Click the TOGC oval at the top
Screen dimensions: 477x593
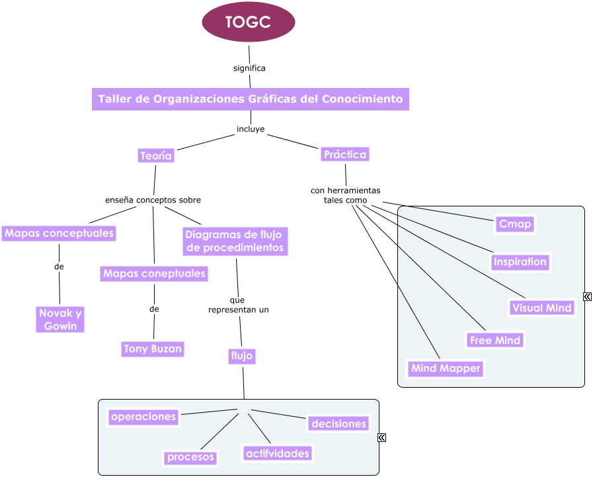point(248,22)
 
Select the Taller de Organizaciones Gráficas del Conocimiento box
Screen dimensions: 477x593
point(250,99)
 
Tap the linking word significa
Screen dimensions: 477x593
point(249,68)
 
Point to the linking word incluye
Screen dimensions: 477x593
point(251,129)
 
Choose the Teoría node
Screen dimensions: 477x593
point(156,156)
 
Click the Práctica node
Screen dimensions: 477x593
point(344,154)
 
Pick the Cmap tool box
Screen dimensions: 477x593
point(514,224)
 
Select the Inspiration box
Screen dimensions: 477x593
point(520,262)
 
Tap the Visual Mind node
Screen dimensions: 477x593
point(541,308)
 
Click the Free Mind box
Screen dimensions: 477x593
point(494,341)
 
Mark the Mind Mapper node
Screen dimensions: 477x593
point(446,369)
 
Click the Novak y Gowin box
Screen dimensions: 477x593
point(60,320)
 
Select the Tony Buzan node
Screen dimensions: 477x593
point(153,349)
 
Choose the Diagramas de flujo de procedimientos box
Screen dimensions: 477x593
point(235,241)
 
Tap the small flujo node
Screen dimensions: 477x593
point(242,356)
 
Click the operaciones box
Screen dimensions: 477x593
point(143,417)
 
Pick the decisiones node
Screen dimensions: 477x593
point(338,423)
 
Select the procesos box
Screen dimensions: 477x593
point(190,457)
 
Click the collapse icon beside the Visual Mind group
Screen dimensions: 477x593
point(587,296)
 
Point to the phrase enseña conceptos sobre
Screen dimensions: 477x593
point(153,200)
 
